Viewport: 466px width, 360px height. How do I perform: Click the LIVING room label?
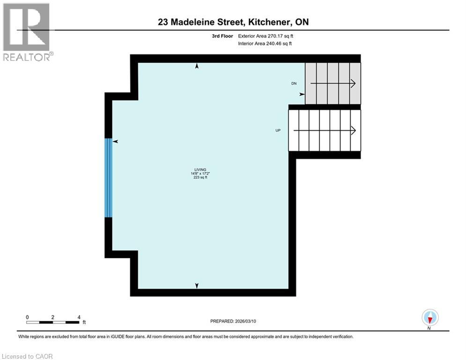200,170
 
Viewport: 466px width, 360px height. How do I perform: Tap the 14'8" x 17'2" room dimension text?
200,174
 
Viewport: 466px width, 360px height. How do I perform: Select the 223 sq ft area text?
200,178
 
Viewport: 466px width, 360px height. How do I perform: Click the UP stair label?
278,130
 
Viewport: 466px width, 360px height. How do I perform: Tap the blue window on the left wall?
109,178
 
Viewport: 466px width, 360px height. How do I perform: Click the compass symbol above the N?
429,317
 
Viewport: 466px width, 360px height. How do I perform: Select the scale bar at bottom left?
52,322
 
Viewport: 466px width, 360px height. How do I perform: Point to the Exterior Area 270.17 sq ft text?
266,36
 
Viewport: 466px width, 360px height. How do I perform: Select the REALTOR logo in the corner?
27,32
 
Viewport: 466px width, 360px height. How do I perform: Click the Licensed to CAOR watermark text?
28,356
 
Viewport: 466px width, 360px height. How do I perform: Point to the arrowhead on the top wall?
197,67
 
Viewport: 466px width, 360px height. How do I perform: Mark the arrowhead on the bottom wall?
197,285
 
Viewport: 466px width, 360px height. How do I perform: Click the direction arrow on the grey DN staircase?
333,83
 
